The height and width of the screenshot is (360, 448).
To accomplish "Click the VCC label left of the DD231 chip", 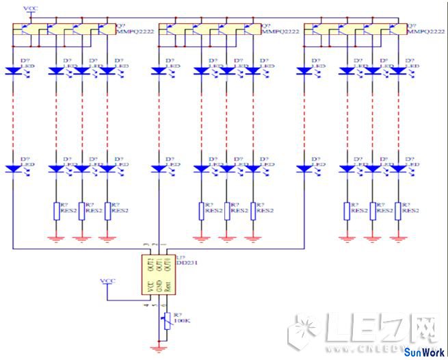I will [x=108, y=281].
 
